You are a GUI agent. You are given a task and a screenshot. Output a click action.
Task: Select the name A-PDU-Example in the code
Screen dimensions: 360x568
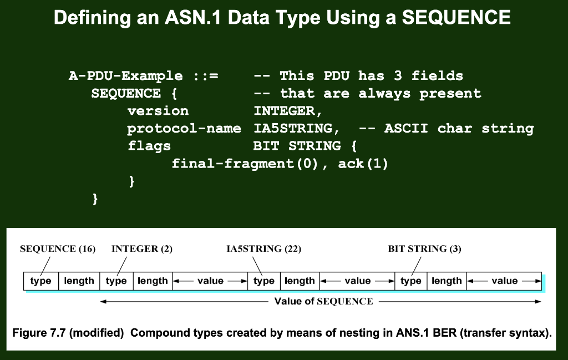tap(125, 76)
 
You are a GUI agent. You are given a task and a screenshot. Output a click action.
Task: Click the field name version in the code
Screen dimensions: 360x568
tap(158, 111)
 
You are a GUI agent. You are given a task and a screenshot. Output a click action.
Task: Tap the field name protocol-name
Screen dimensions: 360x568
tap(184, 129)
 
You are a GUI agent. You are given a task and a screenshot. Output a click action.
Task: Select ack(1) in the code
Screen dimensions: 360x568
tap(363, 164)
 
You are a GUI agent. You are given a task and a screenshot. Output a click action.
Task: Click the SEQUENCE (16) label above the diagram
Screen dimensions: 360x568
tap(58, 249)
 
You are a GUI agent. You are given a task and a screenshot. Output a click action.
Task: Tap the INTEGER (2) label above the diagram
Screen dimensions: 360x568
tap(142, 249)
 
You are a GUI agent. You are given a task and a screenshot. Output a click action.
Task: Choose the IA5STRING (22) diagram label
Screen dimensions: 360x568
tap(264, 249)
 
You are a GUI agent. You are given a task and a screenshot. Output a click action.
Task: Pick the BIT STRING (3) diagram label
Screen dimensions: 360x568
tap(425, 249)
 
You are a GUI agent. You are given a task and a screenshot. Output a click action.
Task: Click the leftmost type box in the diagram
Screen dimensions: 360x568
tap(41, 281)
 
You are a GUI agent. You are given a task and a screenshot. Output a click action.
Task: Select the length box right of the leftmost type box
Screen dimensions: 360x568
tap(79, 281)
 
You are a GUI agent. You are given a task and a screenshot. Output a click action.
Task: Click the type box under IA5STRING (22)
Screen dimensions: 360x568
tap(264, 281)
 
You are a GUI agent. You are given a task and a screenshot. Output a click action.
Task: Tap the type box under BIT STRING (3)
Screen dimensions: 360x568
tap(411, 281)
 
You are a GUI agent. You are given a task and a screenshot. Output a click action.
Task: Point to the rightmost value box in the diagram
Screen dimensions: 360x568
tap(504, 281)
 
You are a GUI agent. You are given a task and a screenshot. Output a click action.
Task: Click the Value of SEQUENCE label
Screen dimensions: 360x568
tap(324, 302)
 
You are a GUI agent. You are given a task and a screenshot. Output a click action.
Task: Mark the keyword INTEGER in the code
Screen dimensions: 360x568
tap(285, 111)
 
